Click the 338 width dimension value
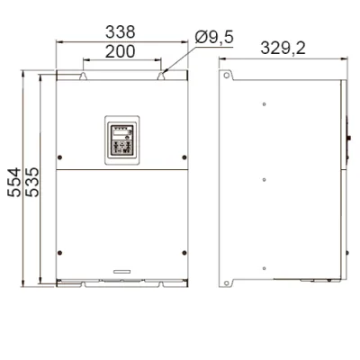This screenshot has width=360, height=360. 121,32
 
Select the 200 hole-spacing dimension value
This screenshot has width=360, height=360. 121,51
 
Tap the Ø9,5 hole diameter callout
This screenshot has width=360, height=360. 214,38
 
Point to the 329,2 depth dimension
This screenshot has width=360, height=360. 283,48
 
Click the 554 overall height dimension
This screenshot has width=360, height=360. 14,183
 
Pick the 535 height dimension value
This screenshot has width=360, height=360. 32,182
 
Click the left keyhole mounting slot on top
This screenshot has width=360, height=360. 83,76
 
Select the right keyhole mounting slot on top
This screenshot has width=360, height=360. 161,76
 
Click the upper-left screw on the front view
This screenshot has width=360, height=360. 59,157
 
